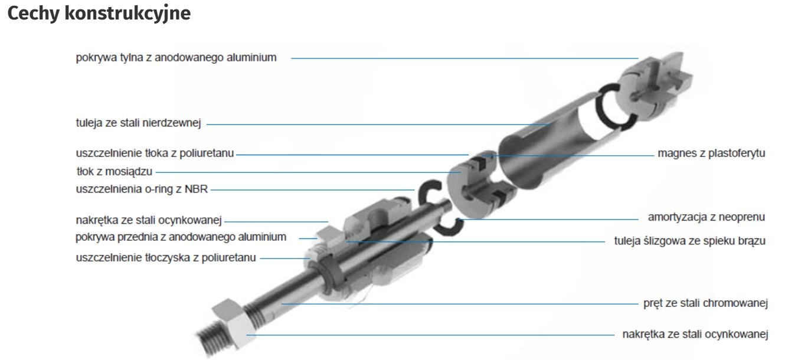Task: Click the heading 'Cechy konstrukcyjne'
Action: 99,14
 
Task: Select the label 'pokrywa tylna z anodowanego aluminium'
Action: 176,57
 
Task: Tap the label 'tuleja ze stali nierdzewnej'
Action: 139,123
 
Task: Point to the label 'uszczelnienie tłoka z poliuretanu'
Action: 155,153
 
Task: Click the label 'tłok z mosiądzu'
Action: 115,172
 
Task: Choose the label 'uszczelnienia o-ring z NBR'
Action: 142,189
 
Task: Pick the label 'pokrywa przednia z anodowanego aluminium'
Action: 181,237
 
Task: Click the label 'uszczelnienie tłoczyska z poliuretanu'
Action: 166,258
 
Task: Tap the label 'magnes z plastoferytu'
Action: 711,153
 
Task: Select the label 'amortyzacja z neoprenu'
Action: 706,217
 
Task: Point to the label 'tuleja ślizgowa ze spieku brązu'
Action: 689,241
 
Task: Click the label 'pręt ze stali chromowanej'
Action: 705,303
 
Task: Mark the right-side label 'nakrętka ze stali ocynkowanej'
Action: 695,335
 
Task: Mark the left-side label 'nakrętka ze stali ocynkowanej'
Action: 149,220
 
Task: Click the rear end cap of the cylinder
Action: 653,87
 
